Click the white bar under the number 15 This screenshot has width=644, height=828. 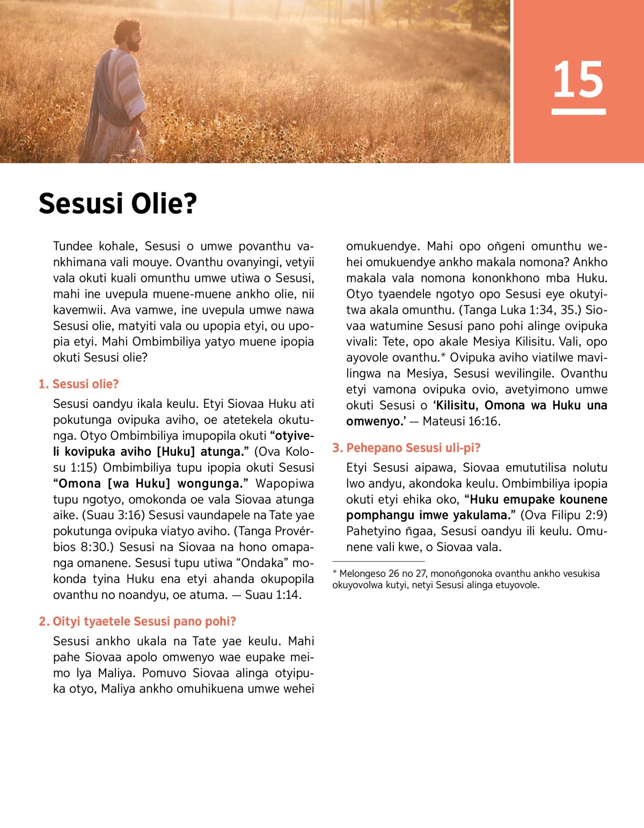click(578, 112)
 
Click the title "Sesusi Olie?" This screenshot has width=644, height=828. click(118, 204)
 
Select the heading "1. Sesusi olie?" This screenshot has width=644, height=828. click(79, 384)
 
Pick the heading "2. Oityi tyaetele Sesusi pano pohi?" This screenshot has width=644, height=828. click(137, 621)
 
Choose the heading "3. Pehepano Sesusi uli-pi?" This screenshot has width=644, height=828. click(406, 448)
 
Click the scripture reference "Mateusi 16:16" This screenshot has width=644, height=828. click(461, 421)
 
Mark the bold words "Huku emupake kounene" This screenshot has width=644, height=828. click(538, 500)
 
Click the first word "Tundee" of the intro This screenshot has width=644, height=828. click(72, 246)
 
